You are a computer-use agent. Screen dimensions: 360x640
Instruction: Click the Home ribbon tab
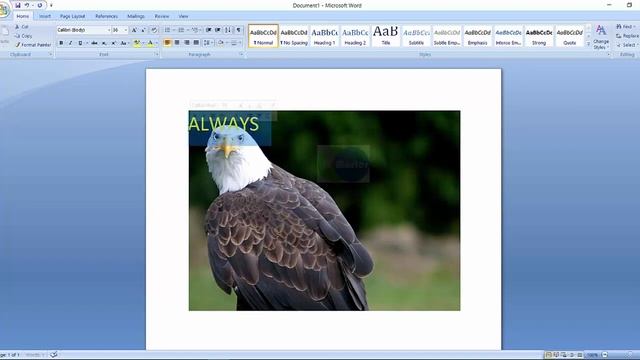tap(22, 16)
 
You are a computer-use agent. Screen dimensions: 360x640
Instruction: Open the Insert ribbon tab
tap(44, 16)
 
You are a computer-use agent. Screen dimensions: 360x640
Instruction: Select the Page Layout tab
tap(72, 16)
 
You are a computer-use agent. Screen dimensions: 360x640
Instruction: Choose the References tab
tap(106, 16)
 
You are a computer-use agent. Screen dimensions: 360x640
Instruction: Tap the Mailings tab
tap(136, 16)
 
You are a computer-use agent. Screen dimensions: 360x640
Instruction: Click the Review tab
tap(162, 16)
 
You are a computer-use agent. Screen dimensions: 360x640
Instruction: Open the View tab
tap(183, 16)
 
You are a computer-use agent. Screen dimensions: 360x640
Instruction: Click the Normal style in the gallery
tap(264, 36)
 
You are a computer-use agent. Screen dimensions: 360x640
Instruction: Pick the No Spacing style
tap(294, 36)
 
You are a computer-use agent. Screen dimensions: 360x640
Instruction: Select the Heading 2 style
tap(355, 36)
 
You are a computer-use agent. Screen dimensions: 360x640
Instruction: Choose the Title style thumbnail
tap(386, 36)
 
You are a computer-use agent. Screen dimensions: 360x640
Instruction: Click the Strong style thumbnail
tap(539, 36)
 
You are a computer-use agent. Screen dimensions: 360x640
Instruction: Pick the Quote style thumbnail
tap(570, 36)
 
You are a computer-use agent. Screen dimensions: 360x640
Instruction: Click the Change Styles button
tap(600, 38)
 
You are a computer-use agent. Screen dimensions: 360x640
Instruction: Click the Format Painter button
tap(34, 45)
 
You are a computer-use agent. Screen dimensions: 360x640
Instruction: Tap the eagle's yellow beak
tap(229, 150)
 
